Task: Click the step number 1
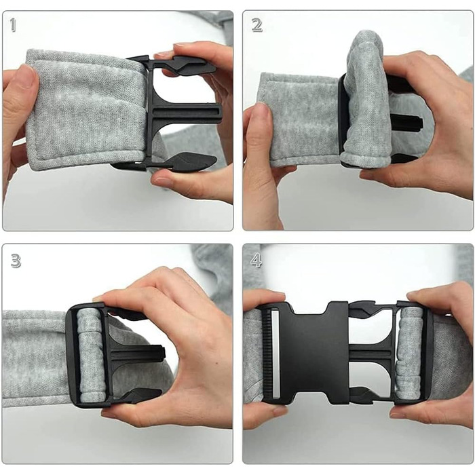13,25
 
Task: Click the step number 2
257,26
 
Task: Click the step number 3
16,261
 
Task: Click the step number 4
256,261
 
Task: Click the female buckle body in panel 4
315,353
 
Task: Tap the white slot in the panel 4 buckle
275,353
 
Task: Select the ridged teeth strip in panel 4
267,353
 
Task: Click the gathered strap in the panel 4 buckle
410,353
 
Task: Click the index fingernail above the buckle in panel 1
164,55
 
